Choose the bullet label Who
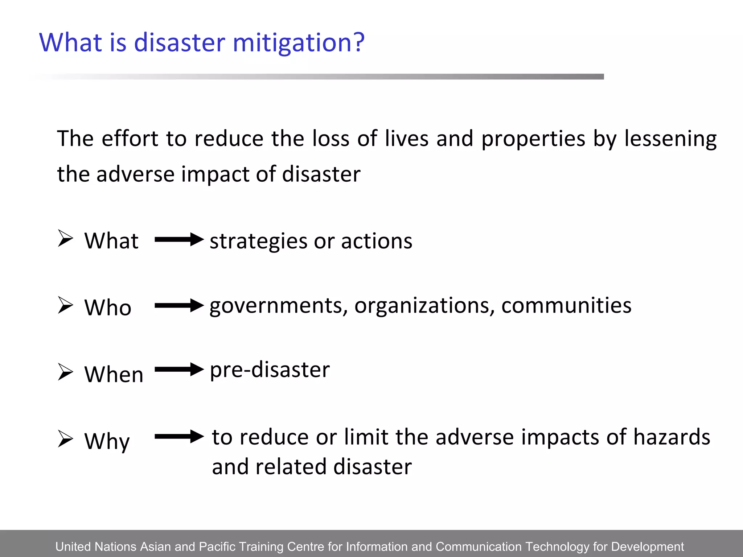pyautogui.click(x=108, y=308)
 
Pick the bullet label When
pyautogui.click(x=114, y=374)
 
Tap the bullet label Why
pyautogui.click(x=107, y=442)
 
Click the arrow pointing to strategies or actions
pyautogui.click(x=179, y=240)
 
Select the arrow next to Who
pyautogui.click(x=179, y=306)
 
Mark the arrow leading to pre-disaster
pyautogui.click(x=179, y=370)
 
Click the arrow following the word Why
pyautogui.click(x=179, y=436)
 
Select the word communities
pyautogui.click(x=566, y=305)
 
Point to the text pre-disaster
pyautogui.click(x=270, y=370)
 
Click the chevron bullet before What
pyautogui.click(x=66, y=239)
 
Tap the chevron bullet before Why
pyautogui.click(x=66, y=439)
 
